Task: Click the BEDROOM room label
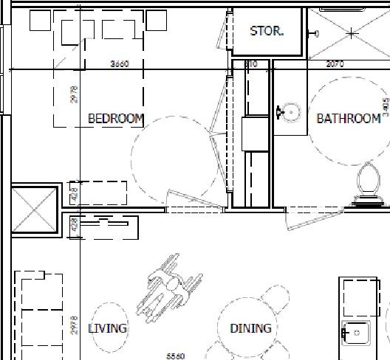tap(116, 118)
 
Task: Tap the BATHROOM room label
tap(349, 118)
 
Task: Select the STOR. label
tap(267, 32)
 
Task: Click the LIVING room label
tap(107, 328)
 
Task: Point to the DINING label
tap(250, 328)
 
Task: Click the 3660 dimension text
tap(120, 64)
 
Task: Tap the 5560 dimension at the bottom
tap(175, 356)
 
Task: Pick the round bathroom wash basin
tap(290, 113)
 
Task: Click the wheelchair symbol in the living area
tap(172, 285)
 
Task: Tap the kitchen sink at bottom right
tap(356, 333)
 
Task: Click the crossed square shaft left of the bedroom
tap(34, 210)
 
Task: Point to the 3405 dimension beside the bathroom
tap(385, 108)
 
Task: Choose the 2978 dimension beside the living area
tap(75, 325)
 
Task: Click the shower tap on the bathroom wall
tap(315, 33)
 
